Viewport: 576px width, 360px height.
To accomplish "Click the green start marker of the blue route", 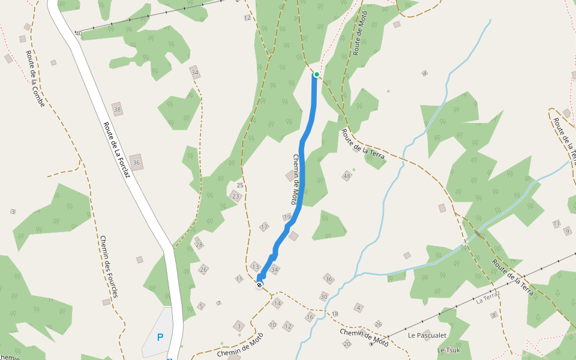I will click(316, 74).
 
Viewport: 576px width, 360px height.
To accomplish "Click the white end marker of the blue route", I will click(259, 285).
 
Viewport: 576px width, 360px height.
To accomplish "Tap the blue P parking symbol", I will click(160, 337).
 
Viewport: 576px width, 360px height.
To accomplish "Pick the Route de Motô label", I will click(359, 33).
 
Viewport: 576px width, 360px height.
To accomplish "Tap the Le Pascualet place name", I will click(428, 335).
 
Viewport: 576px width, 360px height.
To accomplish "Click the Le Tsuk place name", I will click(448, 350).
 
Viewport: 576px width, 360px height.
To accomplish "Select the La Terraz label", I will click(488, 298).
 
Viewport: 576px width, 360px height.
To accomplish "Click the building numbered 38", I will click(117, 109).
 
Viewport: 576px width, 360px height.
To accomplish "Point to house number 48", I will click(347, 176).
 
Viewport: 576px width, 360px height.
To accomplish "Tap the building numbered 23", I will click(236, 196).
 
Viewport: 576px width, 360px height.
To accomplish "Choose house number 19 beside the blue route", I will click(287, 217).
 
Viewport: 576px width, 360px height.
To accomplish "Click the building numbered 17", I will click(264, 227).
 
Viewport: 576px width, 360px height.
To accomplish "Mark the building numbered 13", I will click(255, 266).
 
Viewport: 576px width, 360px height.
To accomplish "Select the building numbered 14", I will click(277, 304).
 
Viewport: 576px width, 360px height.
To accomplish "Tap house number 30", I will click(324, 296).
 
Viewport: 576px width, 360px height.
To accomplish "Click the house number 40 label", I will click(78, 34).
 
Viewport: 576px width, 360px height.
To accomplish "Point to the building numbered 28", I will click(199, 245).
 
